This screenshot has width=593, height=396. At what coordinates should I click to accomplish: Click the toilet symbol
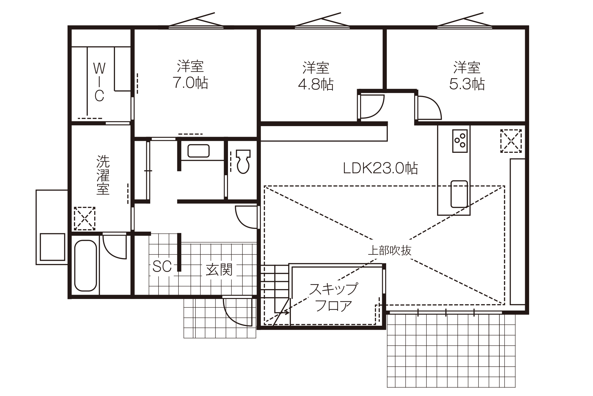[243, 161]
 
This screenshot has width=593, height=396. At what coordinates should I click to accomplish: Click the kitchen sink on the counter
[459, 194]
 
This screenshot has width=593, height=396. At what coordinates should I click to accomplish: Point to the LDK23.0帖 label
[381, 168]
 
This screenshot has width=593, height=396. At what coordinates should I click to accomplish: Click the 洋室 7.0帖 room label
[190, 75]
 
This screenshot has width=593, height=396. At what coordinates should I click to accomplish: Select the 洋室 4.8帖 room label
[316, 76]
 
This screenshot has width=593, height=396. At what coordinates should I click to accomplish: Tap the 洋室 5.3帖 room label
[467, 76]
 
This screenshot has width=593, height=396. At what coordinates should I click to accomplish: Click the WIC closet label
[99, 82]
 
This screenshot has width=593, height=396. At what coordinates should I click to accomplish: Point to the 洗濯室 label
[103, 175]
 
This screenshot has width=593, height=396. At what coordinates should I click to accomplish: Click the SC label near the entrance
[162, 266]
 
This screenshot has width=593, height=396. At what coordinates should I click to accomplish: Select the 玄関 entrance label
[219, 269]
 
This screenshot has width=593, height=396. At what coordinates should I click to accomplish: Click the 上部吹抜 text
[390, 250]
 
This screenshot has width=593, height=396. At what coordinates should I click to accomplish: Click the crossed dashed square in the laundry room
[84, 218]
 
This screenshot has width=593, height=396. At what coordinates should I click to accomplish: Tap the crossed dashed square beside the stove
[511, 141]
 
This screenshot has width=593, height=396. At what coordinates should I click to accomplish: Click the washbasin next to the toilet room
[198, 151]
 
